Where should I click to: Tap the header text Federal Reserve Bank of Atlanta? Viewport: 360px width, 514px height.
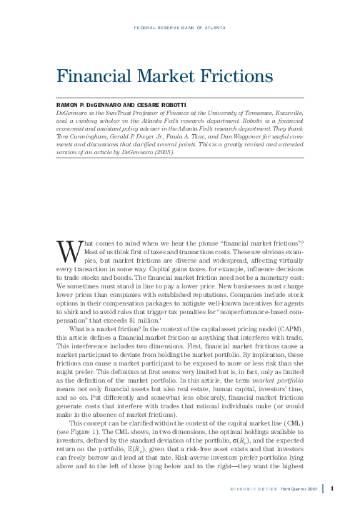179,28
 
